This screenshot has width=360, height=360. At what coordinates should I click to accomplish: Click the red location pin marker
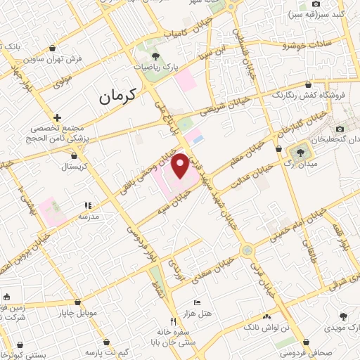(181, 166)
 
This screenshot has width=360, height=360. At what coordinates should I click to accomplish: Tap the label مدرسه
(87, 217)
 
